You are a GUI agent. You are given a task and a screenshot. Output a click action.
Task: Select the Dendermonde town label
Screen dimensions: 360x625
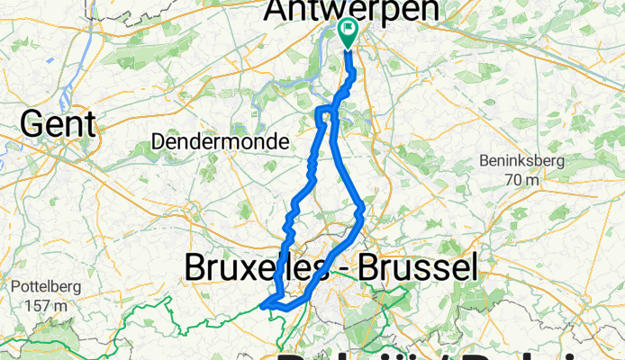(220, 142)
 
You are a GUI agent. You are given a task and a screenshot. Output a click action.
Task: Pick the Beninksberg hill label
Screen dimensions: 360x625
(521, 161)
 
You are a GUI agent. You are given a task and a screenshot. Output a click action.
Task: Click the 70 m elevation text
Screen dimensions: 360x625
(521, 179)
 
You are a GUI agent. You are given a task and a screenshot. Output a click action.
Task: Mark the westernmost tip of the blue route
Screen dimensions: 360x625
(262, 306)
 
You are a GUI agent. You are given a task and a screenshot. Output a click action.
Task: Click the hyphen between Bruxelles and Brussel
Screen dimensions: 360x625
(347, 267)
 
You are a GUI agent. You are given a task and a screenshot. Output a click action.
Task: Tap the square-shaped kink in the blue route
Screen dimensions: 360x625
(321, 112)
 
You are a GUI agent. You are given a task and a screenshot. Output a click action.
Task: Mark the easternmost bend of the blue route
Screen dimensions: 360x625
(362, 211)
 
